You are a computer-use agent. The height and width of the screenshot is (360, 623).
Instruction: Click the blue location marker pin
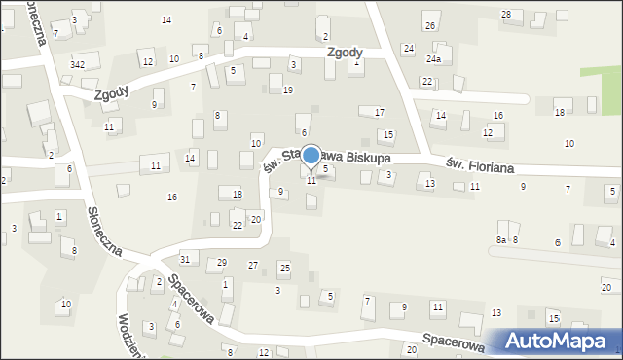(x=311, y=157)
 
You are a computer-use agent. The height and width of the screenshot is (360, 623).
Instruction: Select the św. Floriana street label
(x=478, y=164)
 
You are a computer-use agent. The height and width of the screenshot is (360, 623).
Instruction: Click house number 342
(x=78, y=64)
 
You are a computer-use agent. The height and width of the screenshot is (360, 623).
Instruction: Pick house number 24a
(x=432, y=59)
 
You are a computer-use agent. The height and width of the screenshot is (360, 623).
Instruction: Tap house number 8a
(x=501, y=239)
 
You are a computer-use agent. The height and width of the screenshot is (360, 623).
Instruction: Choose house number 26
(x=429, y=24)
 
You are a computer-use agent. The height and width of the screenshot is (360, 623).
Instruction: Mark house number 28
(x=505, y=14)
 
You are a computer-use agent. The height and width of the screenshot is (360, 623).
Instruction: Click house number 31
(x=185, y=258)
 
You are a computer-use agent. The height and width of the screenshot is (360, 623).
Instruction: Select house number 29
(x=222, y=263)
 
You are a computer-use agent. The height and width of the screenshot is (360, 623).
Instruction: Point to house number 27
(x=253, y=265)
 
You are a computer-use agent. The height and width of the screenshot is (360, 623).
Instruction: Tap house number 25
(x=284, y=267)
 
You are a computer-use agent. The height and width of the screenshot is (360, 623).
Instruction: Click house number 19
(x=287, y=90)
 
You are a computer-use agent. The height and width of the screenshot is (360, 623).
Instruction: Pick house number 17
(x=380, y=113)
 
